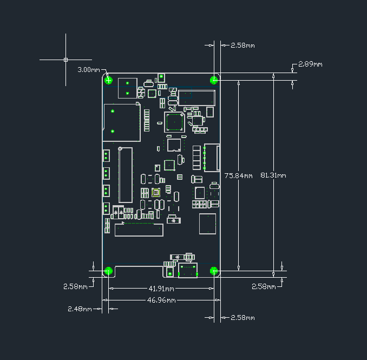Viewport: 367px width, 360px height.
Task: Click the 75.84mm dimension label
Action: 238,175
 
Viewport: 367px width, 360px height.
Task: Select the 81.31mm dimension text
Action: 273,175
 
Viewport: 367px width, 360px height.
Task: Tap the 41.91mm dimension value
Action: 161,289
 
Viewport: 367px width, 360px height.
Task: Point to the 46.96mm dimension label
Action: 161,300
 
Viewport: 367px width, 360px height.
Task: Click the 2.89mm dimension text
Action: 310,64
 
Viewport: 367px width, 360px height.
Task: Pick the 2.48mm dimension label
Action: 79,309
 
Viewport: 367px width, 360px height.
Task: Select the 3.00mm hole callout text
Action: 89,70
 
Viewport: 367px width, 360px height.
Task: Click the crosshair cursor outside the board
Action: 66,59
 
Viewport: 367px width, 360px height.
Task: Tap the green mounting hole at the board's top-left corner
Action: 109,81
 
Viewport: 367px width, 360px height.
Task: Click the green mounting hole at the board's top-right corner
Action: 214,80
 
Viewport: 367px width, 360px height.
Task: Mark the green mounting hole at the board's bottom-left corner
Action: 108,271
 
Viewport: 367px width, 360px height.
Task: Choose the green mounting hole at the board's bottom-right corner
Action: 214,271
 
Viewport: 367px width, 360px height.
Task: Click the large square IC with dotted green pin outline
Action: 175,122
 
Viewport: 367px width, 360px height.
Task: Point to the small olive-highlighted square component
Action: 156,192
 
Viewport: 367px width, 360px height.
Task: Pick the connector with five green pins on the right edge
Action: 212,158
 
